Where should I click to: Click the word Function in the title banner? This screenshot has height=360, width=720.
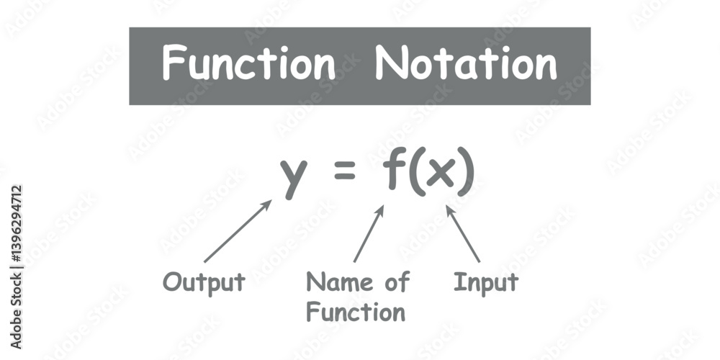(249, 63)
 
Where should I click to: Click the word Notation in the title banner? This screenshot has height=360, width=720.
(466, 63)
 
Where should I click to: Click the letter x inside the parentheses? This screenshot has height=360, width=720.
(441, 174)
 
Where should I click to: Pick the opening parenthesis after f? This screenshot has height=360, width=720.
(416, 172)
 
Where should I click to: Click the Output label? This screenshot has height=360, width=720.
(204, 283)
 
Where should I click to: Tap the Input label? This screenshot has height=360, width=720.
(486, 283)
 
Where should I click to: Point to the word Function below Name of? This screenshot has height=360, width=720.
(356, 312)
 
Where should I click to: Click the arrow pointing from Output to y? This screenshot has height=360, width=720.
(238, 231)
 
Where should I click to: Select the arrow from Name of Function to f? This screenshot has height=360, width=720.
(369, 234)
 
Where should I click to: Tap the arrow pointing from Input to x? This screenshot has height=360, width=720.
(463, 234)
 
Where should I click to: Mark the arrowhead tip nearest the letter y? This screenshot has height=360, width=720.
(272, 199)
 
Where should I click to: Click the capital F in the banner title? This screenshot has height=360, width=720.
(173, 62)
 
